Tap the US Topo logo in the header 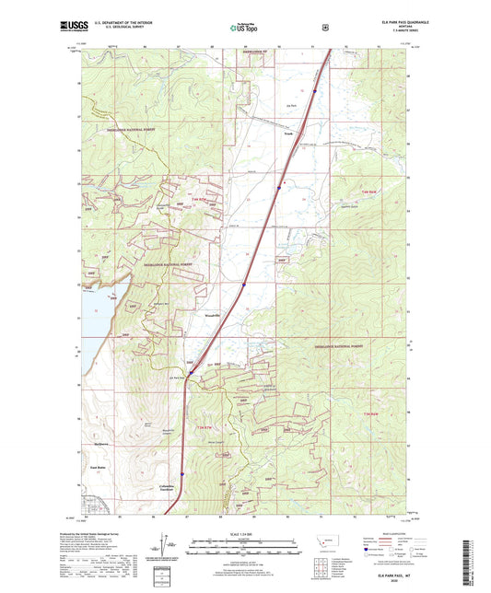244,29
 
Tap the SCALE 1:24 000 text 245,534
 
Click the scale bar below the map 245,545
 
